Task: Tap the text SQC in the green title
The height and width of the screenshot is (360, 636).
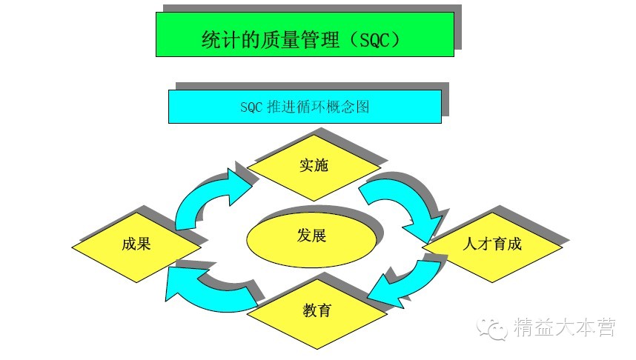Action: pyautogui.click(x=374, y=39)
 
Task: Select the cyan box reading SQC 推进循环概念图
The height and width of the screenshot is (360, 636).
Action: pyautogui.click(x=304, y=106)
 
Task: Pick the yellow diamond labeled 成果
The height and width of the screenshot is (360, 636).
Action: pyautogui.click(x=136, y=244)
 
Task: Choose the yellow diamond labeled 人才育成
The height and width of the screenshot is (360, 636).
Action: pyautogui.click(x=492, y=244)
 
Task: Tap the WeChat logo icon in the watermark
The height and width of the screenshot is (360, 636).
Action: pyautogui.click(x=491, y=327)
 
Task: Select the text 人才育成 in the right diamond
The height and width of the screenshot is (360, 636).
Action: pyautogui.click(x=492, y=244)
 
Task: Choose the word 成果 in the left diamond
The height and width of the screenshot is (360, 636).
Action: pyautogui.click(x=136, y=244)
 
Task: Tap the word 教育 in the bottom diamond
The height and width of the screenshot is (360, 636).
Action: pyautogui.click(x=317, y=309)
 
